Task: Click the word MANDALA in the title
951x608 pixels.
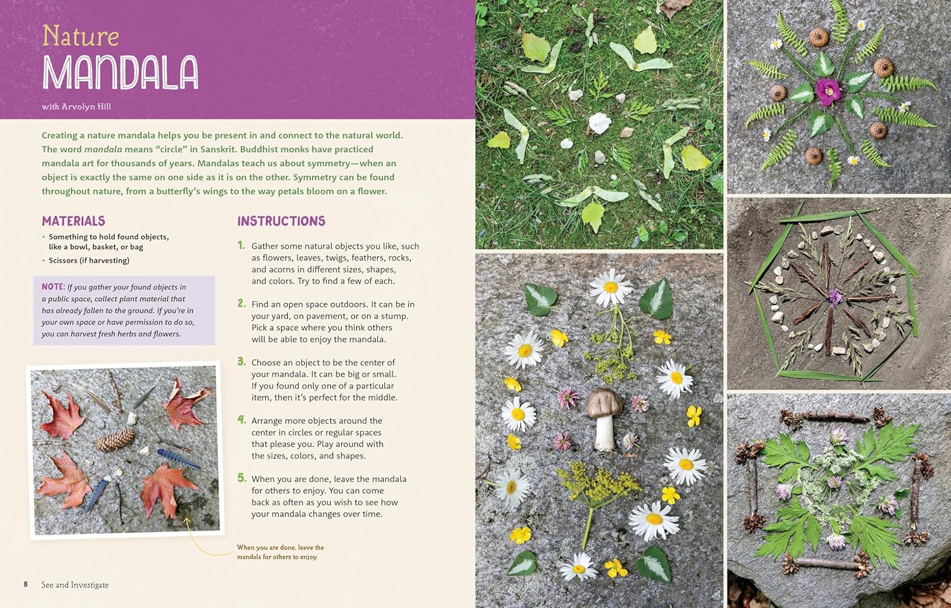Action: (x=120, y=72)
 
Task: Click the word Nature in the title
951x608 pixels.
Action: (x=81, y=36)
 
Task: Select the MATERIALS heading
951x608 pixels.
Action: (x=74, y=221)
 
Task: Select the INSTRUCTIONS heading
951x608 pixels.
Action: (x=281, y=221)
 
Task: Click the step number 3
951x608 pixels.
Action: (x=242, y=361)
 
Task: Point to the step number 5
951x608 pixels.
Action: (x=242, y=478)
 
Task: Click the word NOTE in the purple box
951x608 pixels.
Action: (x=53, y=287)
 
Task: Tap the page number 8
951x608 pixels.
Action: (x=26, y=584)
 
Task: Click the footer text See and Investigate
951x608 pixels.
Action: (x=75, y=585)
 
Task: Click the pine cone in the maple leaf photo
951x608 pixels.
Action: (x=116, y=439)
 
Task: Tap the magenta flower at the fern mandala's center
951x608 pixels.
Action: (x=827, y=91)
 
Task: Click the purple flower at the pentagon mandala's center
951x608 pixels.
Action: (x=835, y=295)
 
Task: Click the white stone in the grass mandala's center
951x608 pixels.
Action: (x=598, y=122)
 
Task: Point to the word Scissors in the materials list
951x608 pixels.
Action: (x=63, y=261)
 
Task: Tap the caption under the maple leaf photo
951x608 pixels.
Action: (x=280, y=552)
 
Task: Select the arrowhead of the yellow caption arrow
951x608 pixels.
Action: (x=187, y=521)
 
